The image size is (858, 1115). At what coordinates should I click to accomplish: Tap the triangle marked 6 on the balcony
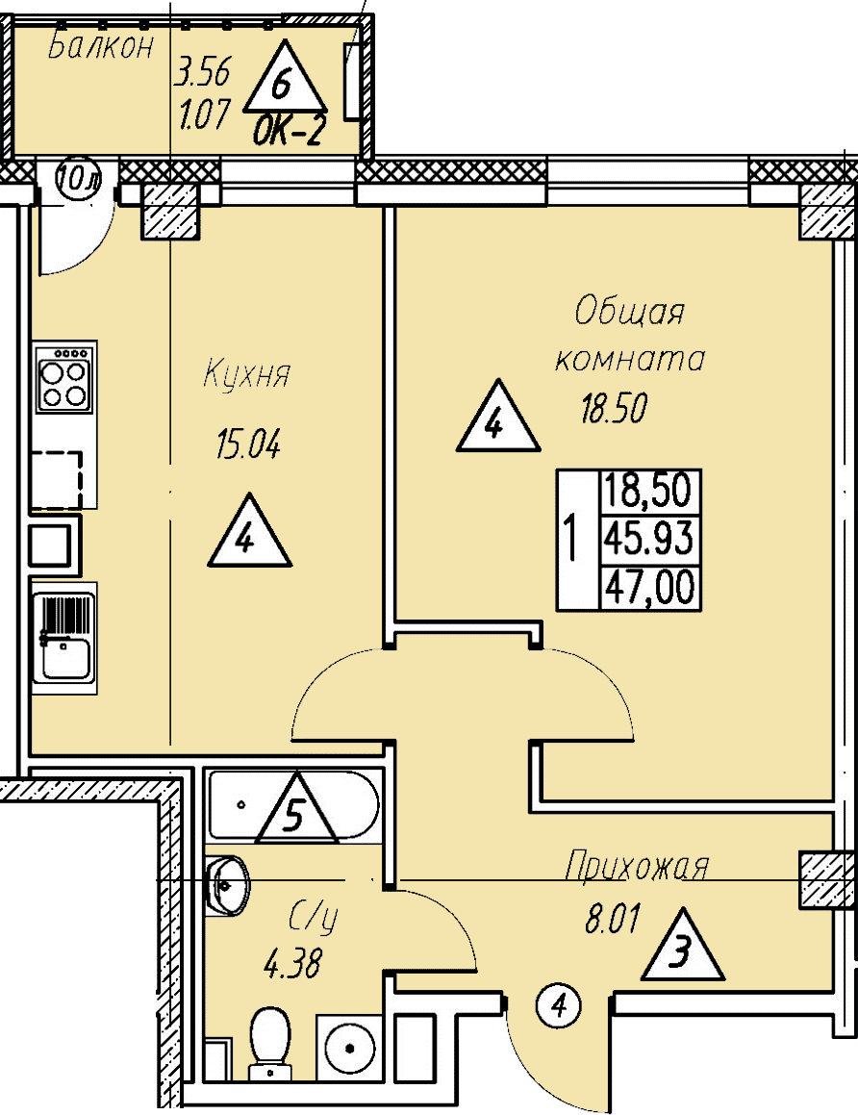[x=285, y=81]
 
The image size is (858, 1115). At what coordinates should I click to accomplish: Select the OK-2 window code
[x=286, y=133]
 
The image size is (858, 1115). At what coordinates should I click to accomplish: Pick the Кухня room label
[x=246, y=375]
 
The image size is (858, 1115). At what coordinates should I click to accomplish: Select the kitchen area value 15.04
[x=246, y=446]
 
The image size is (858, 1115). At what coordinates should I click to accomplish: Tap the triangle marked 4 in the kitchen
[x=248, y=535]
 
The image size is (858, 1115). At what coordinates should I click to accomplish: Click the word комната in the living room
[x=631, y=360]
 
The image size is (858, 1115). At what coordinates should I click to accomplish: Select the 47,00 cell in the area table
[x=648, y=587]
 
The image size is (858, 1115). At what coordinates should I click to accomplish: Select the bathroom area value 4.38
[x=292, y=962]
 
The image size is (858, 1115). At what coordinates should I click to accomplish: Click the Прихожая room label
[x=637, y=866]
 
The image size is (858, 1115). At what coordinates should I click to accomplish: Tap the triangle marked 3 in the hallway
[x=681, y=950]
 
